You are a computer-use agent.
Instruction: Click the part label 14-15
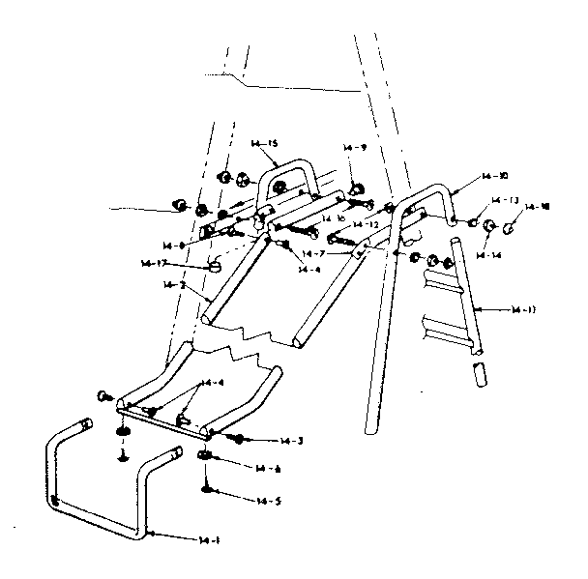pos(260,144)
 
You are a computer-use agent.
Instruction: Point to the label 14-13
pos(506,200)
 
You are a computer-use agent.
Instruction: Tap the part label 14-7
pos(314,253)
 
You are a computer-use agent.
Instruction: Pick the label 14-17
pos(154,263)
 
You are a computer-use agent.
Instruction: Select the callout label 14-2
pos(174,285)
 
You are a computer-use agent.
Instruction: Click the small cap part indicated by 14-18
pos(512,229)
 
